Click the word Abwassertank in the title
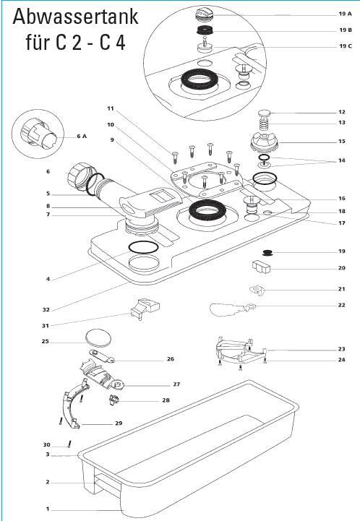coord(75,17)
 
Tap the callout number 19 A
coord(345,14)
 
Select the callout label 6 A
coord(82,136)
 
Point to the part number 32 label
coord(46,310)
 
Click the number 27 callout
coord(176,384)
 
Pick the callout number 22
coord(341,305)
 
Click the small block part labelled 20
coord(262,267)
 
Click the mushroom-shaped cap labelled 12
coord(265,113)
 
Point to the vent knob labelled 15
coord(265,142)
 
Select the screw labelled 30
coord(69,444)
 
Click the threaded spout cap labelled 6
coord(80,176)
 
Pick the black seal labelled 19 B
coord(205,30)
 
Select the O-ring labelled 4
coord(143,247)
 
